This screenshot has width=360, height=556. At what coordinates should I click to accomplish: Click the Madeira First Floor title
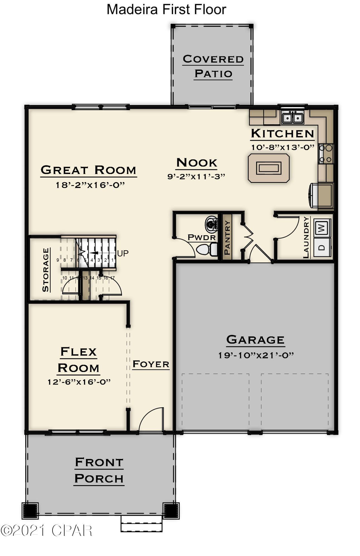click(166, 10)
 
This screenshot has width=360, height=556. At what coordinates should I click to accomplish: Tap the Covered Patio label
click(213, 66)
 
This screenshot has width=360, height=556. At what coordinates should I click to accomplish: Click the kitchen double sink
click(292, 118)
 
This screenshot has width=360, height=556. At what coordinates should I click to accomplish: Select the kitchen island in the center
click(268, 168)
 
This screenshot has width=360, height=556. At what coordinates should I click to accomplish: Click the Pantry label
click(227, 238)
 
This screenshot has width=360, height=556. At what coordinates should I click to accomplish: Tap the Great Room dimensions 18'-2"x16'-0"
click(90, 185)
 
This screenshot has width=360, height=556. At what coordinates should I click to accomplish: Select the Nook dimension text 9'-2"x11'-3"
click(196, 176)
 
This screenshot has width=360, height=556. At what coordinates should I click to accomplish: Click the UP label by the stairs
click(123, 253)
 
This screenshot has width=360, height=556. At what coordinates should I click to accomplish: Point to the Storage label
click(45, 270)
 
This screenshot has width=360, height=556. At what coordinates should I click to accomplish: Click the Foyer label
click(151, 364)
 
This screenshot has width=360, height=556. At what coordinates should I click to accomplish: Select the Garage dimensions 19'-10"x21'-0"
click(256, 355)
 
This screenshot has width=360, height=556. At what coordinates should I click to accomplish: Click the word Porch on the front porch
click(99, 479)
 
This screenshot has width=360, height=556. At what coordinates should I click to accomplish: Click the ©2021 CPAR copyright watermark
click(46, 530)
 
